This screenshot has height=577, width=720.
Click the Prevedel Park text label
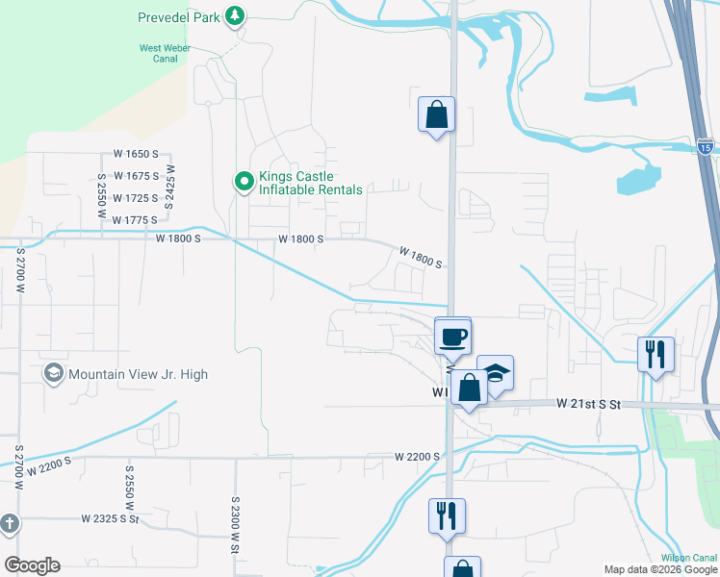[178, 16]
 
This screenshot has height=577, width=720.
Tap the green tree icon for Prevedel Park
[234, 15]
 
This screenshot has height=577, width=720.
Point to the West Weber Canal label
[164, 52]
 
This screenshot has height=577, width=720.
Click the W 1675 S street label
[135, 176]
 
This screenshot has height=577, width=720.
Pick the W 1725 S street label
[135, 198]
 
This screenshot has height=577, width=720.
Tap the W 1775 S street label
[135, 220]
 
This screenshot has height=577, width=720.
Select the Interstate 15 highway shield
[706, 147]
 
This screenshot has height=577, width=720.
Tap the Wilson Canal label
[689, 558]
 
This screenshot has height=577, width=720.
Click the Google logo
[32, 565]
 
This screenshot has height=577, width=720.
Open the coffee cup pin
[452, 336]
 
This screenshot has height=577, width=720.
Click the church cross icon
[10, 524]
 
